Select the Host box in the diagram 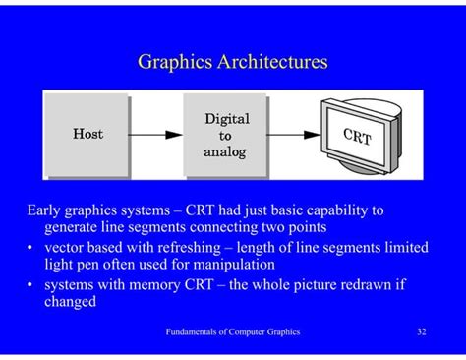(87, 134)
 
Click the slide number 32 (422, 332)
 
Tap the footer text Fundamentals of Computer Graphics (233, 332)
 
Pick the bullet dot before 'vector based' (32, 247)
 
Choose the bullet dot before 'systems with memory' (32, 284)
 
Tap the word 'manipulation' (230, 265)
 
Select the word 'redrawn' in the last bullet (348, 284)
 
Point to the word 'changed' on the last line (70, 302)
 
